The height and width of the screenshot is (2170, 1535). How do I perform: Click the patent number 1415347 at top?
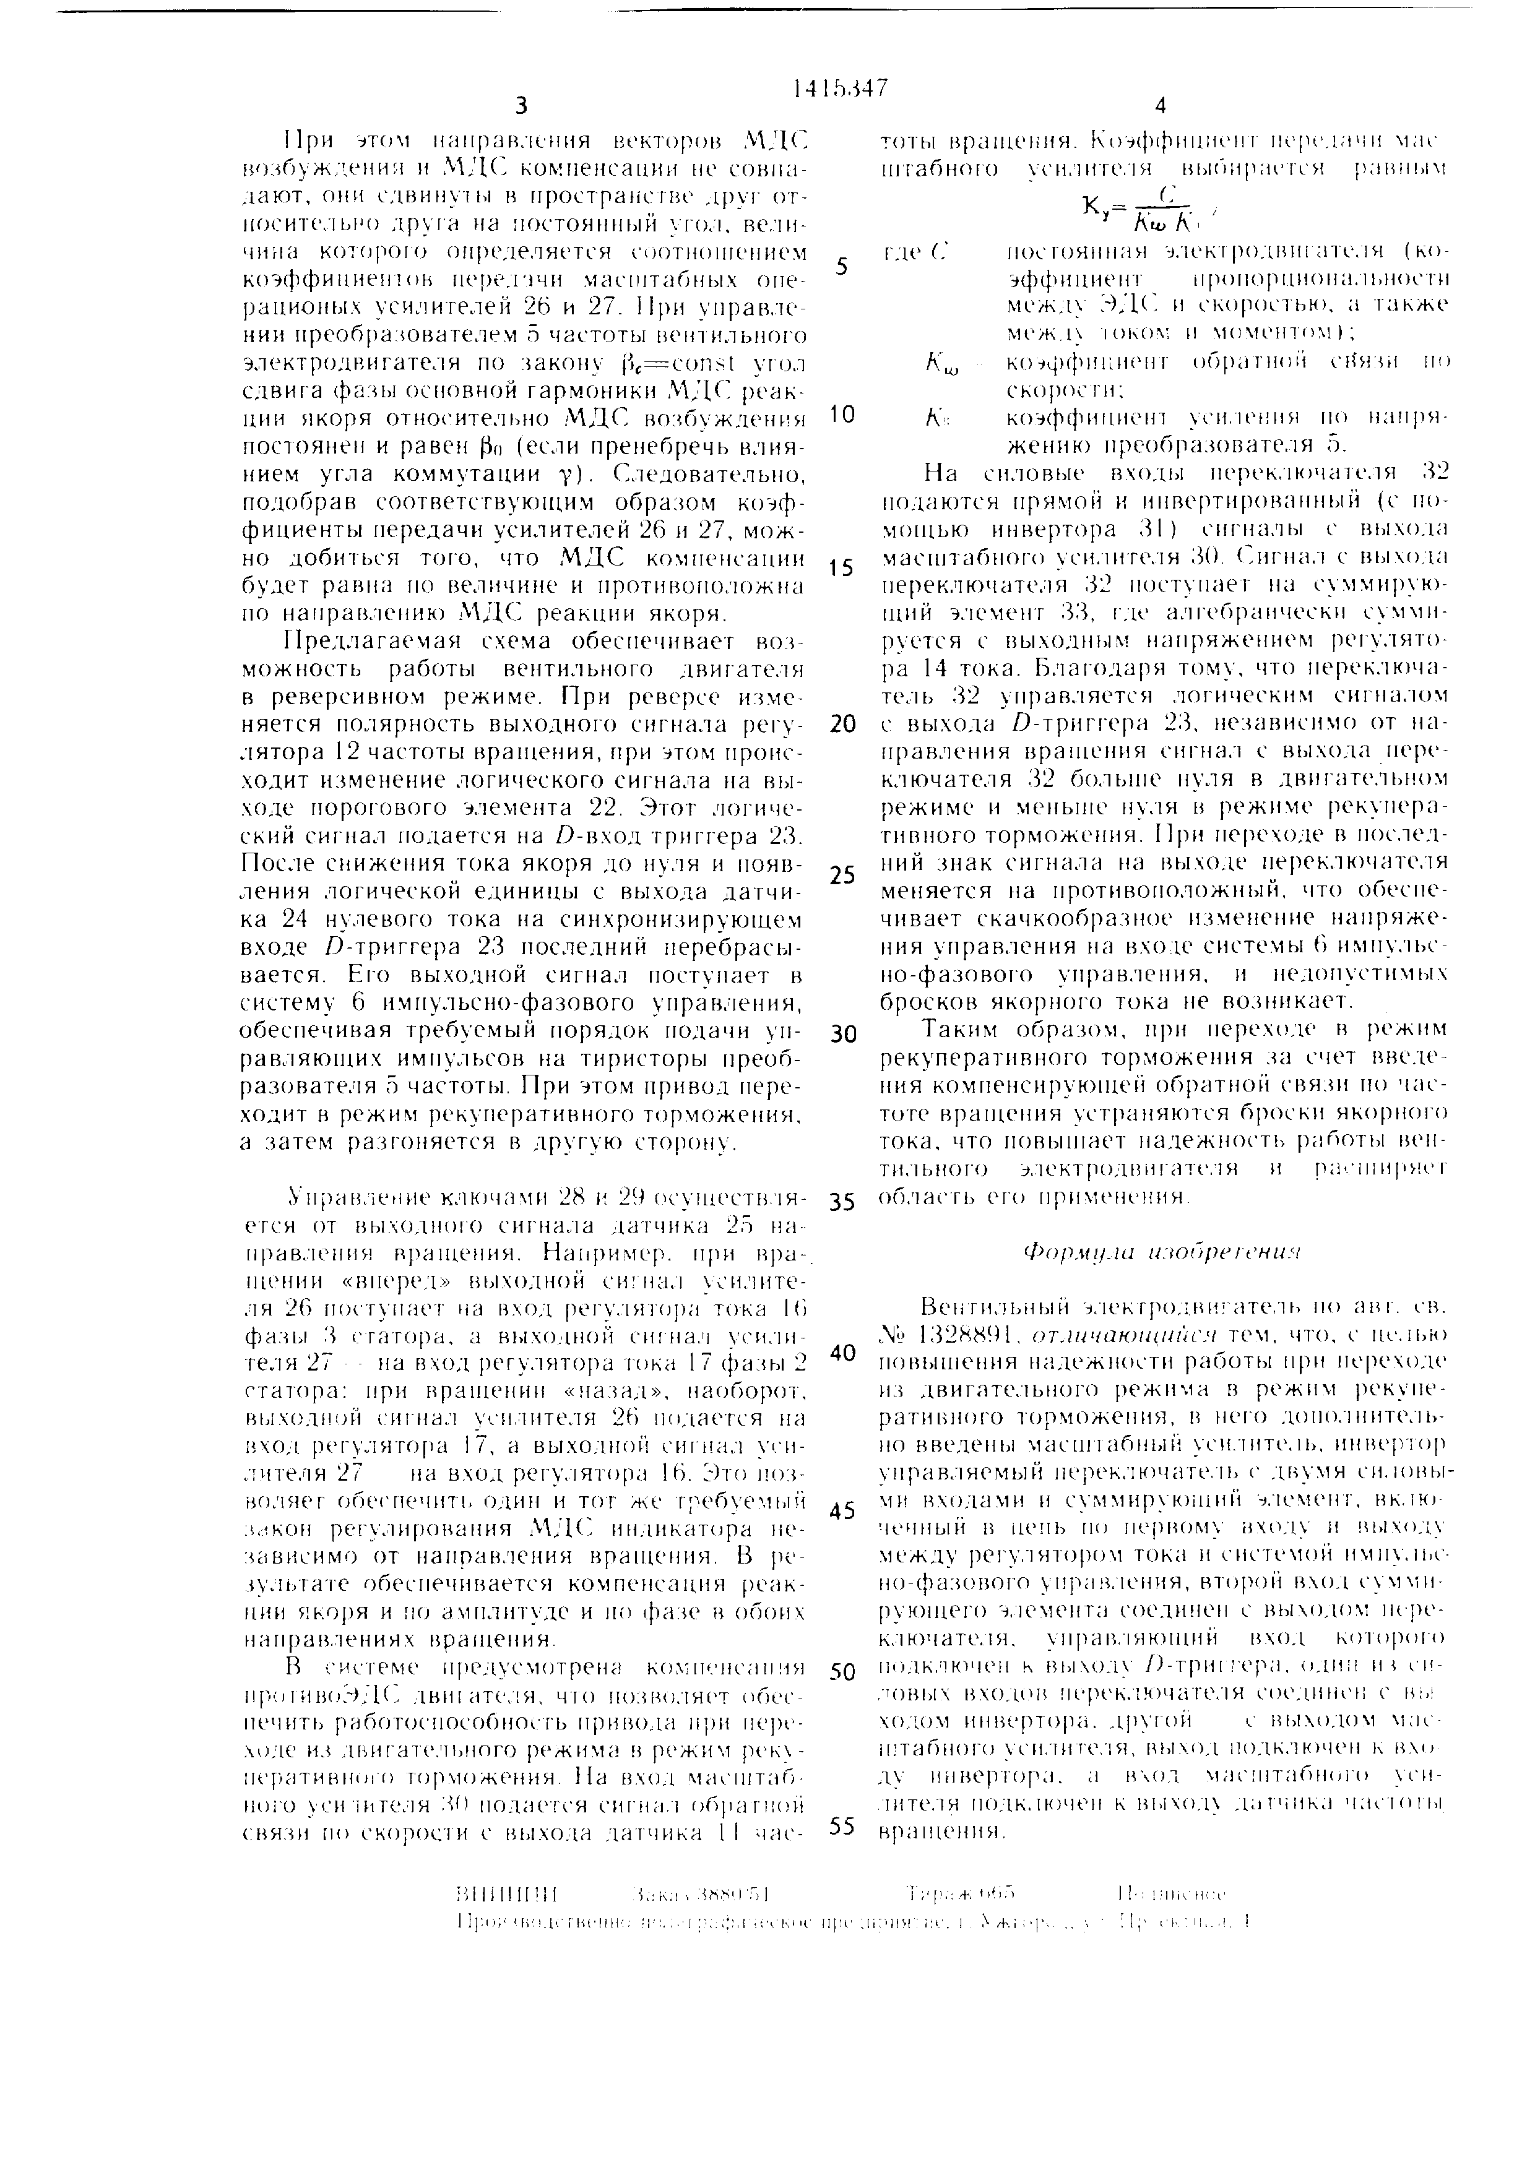click(x=841, y=87)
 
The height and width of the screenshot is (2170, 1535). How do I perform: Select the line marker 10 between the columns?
click(x=841, y=415)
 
